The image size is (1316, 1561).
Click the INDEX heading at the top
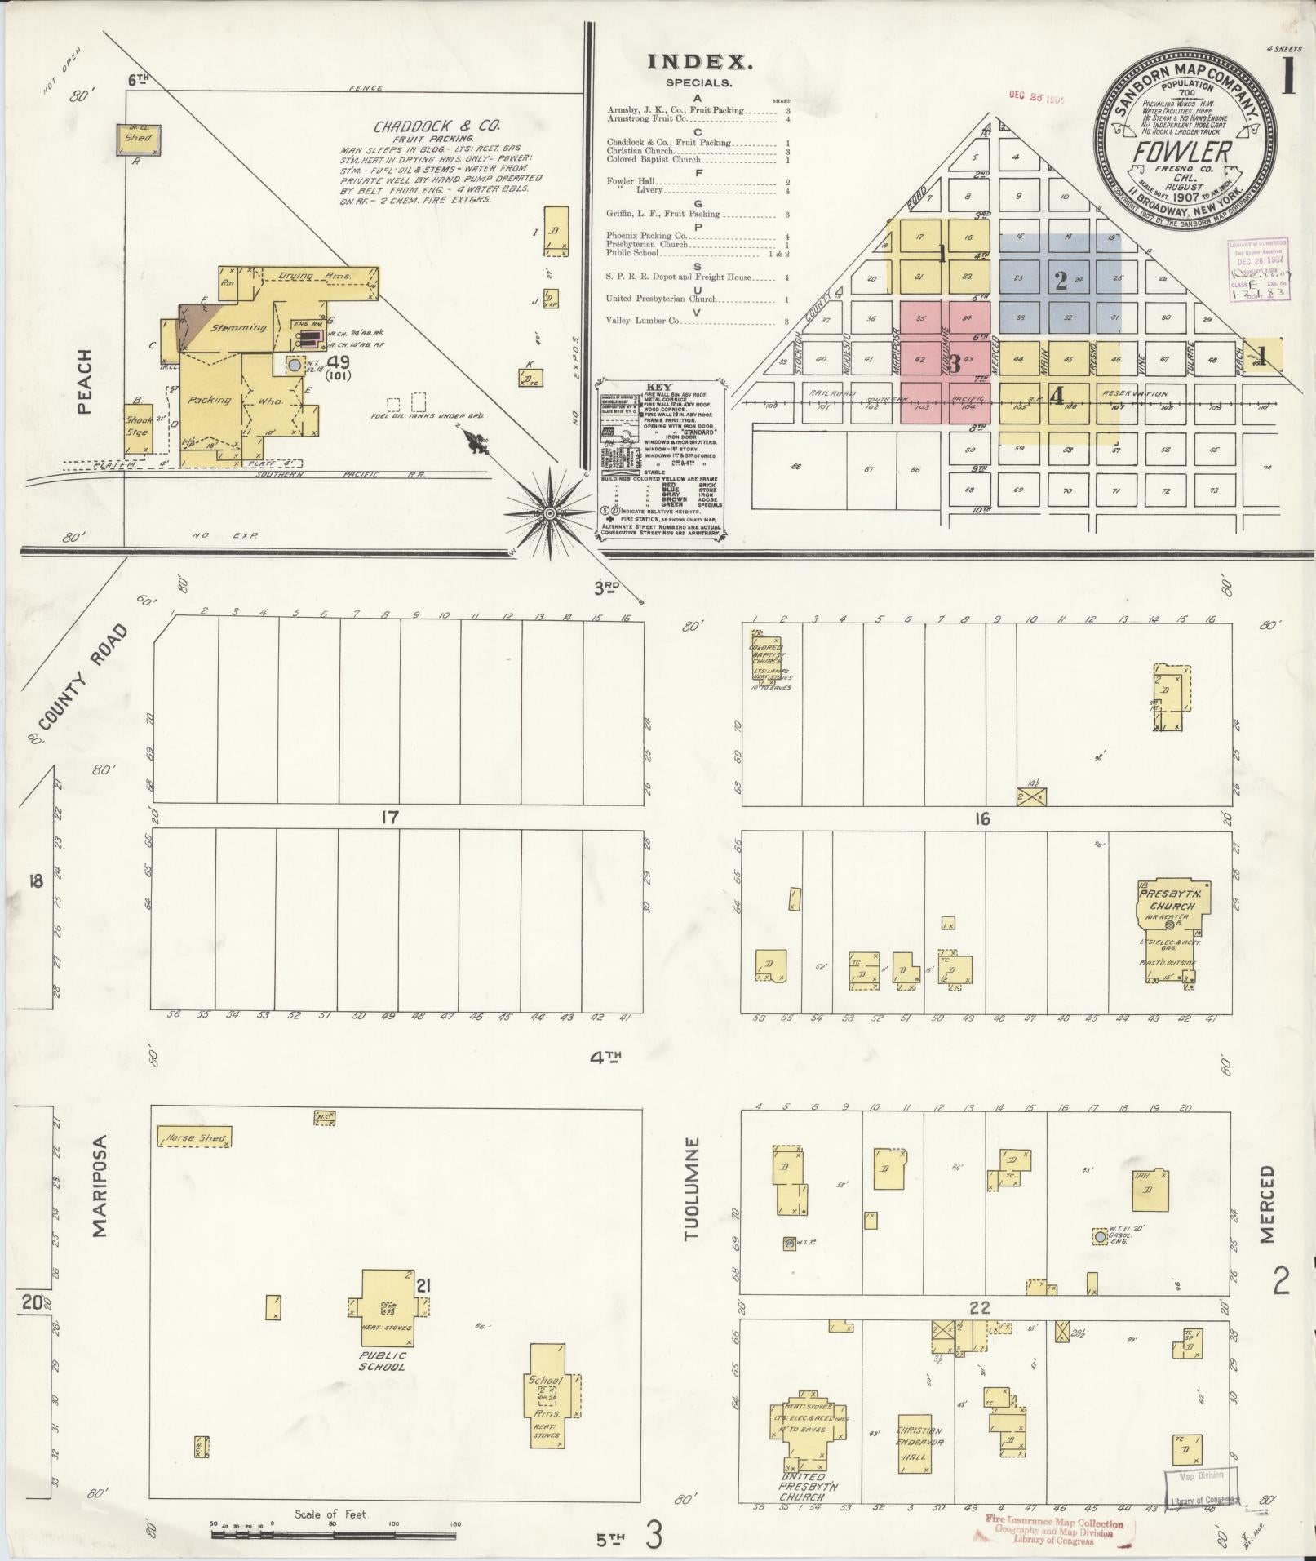[x=698, y=61]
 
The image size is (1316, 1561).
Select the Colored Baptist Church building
[x=765, y=659]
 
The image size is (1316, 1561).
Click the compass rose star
[x=550, y=513]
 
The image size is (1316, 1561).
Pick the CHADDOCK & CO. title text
[x=436, y=126]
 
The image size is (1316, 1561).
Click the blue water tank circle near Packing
[x=294, y=366]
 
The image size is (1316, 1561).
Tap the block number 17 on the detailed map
[x=390, y=817]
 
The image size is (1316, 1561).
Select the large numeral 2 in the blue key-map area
[x=1060, y=281]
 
